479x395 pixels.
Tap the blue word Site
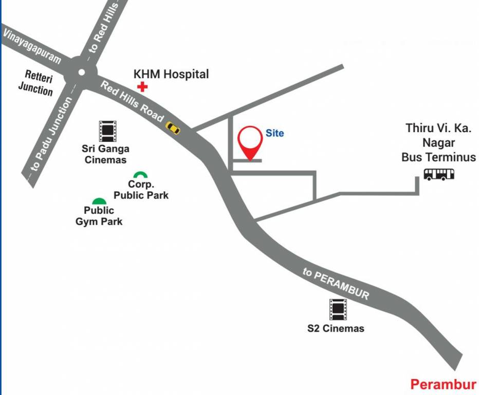tap(274, 133)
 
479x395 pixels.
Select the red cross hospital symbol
tap(142, 86)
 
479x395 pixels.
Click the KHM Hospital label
tap(171, 74)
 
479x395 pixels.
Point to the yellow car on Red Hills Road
tap(173, 128)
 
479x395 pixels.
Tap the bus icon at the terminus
tap(439, 174)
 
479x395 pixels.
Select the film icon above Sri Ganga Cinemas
tap(107, 131)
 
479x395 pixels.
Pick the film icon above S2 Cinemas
tap(338, 309)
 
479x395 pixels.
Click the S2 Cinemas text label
tap(336, 328)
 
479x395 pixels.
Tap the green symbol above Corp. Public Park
tap(139, 175)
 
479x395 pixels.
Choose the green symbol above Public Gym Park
tap(99, 201)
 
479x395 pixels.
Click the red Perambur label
tap(443, 384)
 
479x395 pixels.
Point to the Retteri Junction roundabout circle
tap(81, 73)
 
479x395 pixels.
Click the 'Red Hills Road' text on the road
tap(132, 101)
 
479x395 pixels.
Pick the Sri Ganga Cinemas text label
tap(105, 154)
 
